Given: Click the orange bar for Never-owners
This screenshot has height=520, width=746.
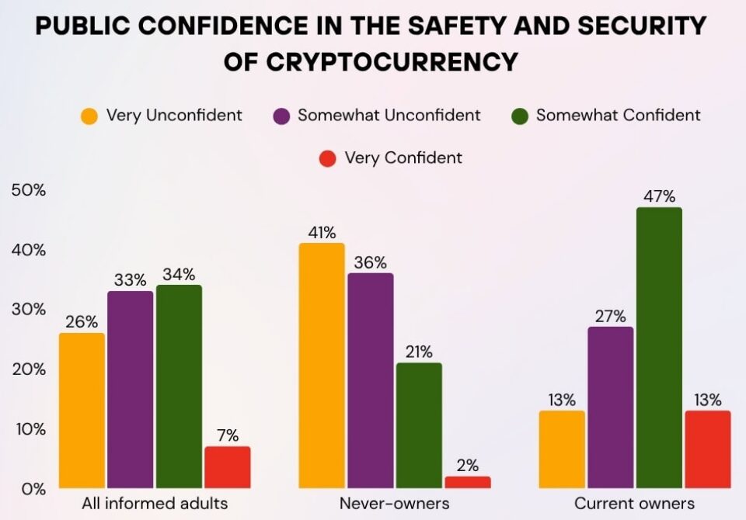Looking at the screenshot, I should coord(322,365).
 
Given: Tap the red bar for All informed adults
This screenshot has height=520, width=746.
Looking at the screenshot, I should coord(227,467).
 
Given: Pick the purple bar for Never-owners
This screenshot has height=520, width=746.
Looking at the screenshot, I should coord(370,380).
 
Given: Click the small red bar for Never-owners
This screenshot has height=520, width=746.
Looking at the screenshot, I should coord(468,482).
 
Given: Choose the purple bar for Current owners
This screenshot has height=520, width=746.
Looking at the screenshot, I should coord(610,407).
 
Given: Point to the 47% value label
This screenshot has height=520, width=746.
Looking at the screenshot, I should coord(659,196).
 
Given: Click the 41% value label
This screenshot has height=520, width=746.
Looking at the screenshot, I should coord(322,232).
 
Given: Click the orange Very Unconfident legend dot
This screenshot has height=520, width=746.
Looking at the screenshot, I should coord(90,116).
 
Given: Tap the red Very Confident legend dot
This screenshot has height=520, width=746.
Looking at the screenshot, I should coord(328,159).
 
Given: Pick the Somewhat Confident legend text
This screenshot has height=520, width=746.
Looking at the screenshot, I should coord(618,116).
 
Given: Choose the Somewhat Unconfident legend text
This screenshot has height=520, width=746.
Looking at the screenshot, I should coord(389,116).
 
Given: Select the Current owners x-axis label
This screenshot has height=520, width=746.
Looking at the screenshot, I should coord(634,503).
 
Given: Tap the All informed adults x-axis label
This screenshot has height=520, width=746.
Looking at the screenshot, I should coord(155,503).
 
